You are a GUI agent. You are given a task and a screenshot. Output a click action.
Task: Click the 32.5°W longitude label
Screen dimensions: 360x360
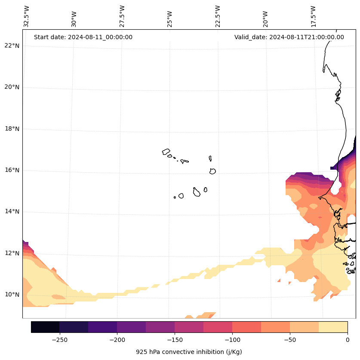(27, 16)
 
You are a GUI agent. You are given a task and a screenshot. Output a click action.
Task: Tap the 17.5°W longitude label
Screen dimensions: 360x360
(314, 16)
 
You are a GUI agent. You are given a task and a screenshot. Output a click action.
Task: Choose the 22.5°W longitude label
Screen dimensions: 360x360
(218, 16)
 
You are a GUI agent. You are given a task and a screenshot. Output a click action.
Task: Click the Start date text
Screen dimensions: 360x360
(83, 37)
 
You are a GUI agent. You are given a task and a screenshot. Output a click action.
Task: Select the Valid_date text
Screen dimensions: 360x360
(289, 37)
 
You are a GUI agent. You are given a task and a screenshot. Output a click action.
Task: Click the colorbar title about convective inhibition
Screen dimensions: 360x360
(189, 352)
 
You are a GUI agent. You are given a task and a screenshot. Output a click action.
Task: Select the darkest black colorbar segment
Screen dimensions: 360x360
(45, 327)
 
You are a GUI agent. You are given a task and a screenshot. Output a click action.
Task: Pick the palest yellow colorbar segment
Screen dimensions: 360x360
(333, 327)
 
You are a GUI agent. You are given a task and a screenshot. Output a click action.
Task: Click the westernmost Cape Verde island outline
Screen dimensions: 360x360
(166, 152)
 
